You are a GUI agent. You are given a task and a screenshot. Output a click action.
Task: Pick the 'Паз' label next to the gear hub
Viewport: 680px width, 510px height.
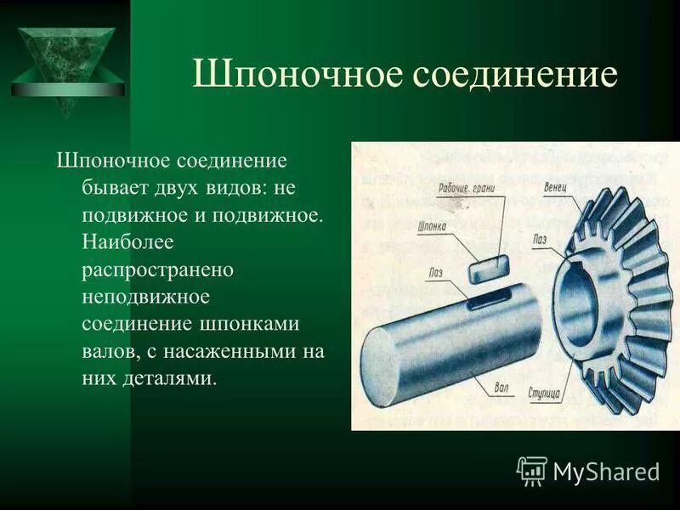point(540,240)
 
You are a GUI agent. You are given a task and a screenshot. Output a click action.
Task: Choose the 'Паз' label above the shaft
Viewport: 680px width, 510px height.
point(436,273)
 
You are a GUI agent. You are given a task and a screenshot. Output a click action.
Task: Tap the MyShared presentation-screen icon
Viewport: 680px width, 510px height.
point(532,470)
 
